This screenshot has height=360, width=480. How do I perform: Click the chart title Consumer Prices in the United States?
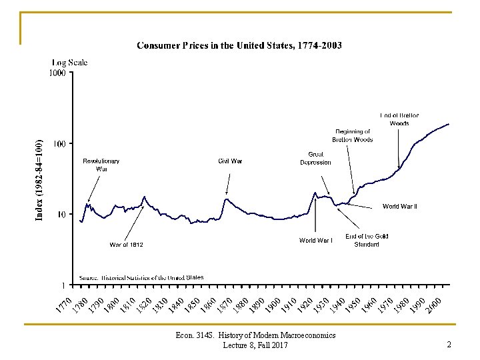(x=239, y=46)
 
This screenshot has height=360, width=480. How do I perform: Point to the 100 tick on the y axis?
(x=60, y=144)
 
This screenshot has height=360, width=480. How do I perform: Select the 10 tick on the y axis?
(x=62, y=215)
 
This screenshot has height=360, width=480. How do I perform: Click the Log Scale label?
(x=70, y=63)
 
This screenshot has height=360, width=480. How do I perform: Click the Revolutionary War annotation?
(x=101, y=165)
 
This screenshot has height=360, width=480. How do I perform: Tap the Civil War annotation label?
(x=230, y=161)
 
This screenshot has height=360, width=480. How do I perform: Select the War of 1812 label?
(x=127, y=245)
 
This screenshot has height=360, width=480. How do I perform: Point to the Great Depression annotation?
(x=315, y=158)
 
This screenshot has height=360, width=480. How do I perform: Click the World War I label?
(x=316, y=240)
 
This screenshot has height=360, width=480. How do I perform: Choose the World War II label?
(x=399, y=207)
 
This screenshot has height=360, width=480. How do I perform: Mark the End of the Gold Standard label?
(x=366, y=240)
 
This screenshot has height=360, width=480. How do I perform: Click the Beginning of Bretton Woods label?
(x=353, y=135)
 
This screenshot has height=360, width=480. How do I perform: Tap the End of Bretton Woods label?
(x=399, y=119)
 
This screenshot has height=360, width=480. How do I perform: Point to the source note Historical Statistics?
(x=141, y=277)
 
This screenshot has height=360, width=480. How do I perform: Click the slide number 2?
(x=449, y=345)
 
